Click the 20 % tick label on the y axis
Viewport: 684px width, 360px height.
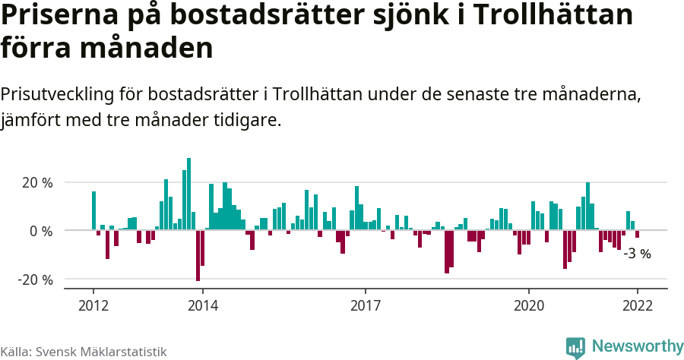pyautogui.click(x=36, y=183)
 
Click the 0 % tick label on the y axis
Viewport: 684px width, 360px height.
pyautogui.click(x=40, y=231)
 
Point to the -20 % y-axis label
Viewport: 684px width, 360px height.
pyautogui.click(x=35, y=279)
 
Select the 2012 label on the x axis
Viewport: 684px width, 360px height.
pyautogui.click(x=93, y=305)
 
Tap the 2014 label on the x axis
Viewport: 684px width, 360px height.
pyautogui.click(x=202, y=305)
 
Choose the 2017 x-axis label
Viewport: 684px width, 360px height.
pyautogui.click(x=366, y=305)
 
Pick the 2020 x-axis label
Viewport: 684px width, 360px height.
pyautogui.click(x=528, y=305)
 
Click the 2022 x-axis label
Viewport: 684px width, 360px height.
pyautogui.click(x=637, y=305)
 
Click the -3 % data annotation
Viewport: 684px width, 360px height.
pyautogui.click(x=637, y=254)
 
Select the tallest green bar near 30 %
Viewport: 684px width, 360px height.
pyautogui.click(x=189, y=194)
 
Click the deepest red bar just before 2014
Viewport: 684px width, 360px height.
pyautogui.click(x=198, y=255)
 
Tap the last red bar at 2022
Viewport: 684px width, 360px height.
pyautogui.click(x=637, y=234)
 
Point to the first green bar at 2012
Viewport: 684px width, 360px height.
pyautogui.click(x=94, y=210)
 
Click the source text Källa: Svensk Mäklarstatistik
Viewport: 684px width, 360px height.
pyautogui.click(x=84, y=352)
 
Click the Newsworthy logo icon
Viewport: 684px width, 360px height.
pyautogui.click(x=575, y=347)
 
